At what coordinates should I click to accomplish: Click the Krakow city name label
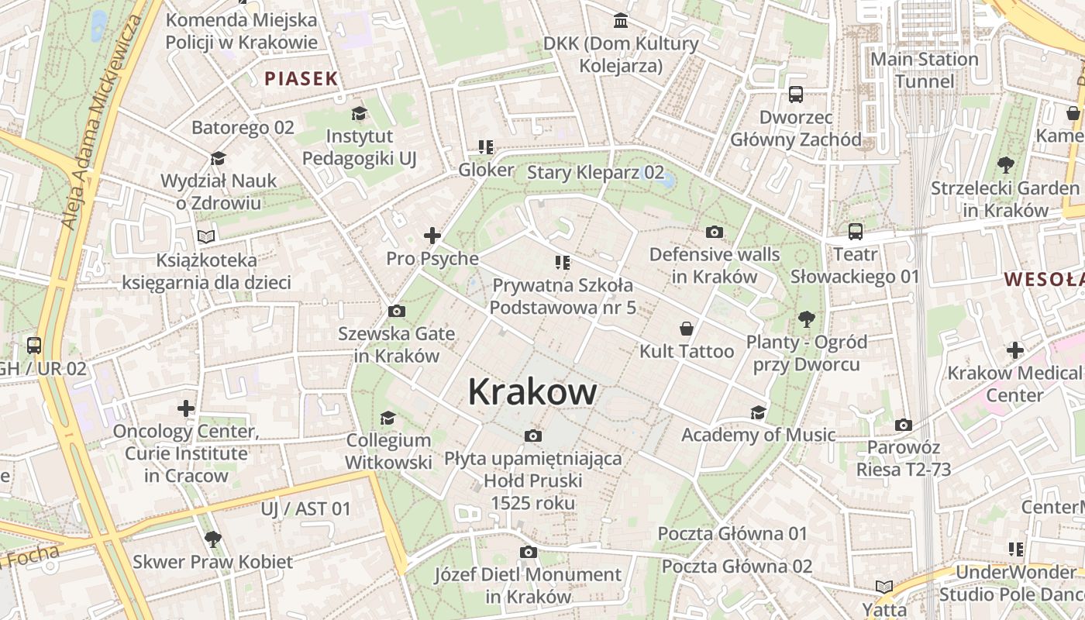tap(532, 393)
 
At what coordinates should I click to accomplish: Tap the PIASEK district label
tap(301, 78)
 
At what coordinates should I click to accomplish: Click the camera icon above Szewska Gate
tap(396, 312)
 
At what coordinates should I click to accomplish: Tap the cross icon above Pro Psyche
tap(432, 236)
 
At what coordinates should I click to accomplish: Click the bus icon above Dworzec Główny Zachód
tap(795, 95)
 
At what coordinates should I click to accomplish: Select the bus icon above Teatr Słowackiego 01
tap(855, 232)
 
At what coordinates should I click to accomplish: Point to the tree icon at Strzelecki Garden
tap(1005, 164)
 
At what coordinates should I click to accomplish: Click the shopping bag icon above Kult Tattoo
tap(686, 329)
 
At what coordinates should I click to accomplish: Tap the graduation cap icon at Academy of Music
tap(758, 412)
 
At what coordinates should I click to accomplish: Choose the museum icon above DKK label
tap(621, 20)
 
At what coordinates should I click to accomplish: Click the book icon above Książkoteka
tap(205, 236)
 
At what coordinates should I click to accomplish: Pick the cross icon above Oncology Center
tap(186, 408)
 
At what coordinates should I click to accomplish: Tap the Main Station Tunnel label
tap(924, 71)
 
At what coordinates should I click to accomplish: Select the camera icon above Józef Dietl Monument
tap(528, 552)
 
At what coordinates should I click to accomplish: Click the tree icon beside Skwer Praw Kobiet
tap(212, 539)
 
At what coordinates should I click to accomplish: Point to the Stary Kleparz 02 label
tap(595, 172)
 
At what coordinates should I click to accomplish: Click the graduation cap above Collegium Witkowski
tap(387, 418)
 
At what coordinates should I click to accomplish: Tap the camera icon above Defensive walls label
tap(714, 232)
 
